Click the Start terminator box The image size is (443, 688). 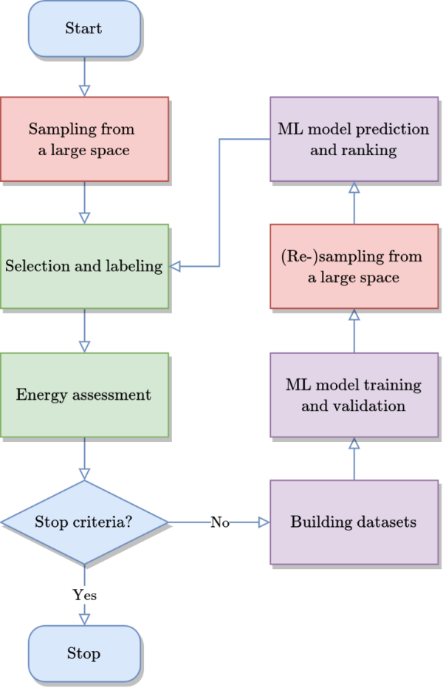(x=83, y=29)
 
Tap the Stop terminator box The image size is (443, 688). (x=83, y=653)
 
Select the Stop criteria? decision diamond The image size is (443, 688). (x=83, y=522)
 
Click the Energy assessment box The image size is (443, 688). (x=83, y=395)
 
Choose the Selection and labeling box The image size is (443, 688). (x=83, y=266)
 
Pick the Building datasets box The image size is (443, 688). (x=353, y=522)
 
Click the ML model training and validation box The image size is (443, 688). (x=353, y=395)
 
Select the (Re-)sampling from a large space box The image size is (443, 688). (x=353, y=267)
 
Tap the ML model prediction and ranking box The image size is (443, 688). (x=353, y=139)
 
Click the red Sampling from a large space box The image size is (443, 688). (x=83, y=139)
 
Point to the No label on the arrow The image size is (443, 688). (x=220, y=522)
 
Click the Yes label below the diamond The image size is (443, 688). (x=84, y=594)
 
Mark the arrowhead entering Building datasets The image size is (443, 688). (x=264, y=522)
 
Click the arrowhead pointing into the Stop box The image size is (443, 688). (x=84, y=619)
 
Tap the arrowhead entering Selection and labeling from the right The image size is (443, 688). (x=176, y=266)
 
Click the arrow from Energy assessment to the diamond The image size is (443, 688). (x=84, y=458)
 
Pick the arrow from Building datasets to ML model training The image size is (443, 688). (x=354, y=458)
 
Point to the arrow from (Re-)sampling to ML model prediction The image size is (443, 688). (x=354, y=202)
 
